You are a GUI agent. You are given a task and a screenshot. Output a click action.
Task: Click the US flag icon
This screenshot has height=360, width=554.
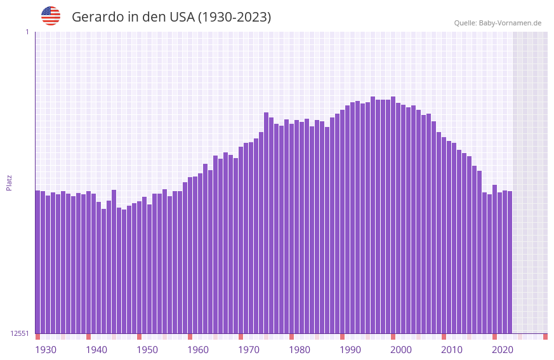click(51, 16)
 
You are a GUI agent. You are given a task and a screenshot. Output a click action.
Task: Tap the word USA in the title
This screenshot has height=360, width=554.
click(181, 17)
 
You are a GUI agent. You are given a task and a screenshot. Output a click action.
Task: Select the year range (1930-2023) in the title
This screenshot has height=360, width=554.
click(234, 17)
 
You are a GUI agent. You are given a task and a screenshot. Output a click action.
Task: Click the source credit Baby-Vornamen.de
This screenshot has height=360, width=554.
click(510, 23)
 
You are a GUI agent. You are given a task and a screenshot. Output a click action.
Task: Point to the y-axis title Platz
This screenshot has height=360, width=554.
click(9, 182)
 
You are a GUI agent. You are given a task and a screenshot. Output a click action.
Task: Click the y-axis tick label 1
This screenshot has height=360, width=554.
click(27, 32)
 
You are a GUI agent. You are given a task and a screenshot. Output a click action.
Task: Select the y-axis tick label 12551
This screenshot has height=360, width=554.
click(20, 333)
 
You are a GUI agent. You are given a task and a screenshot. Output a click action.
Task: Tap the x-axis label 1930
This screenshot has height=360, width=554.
click(46, 350)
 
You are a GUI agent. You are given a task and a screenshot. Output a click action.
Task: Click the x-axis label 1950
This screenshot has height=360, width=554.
click(147, 350)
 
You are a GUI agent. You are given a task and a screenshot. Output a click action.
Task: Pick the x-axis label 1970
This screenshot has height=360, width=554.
click(249, 350)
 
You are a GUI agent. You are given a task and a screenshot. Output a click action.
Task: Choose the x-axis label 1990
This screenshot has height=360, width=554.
click(350, 350)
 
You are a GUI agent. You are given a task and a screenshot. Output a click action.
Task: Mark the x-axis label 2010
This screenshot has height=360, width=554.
click(452, 350)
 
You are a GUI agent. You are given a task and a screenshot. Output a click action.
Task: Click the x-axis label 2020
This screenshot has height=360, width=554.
click(503, 350)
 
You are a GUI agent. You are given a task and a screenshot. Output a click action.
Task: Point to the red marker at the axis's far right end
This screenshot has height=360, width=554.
click(545, 337)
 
